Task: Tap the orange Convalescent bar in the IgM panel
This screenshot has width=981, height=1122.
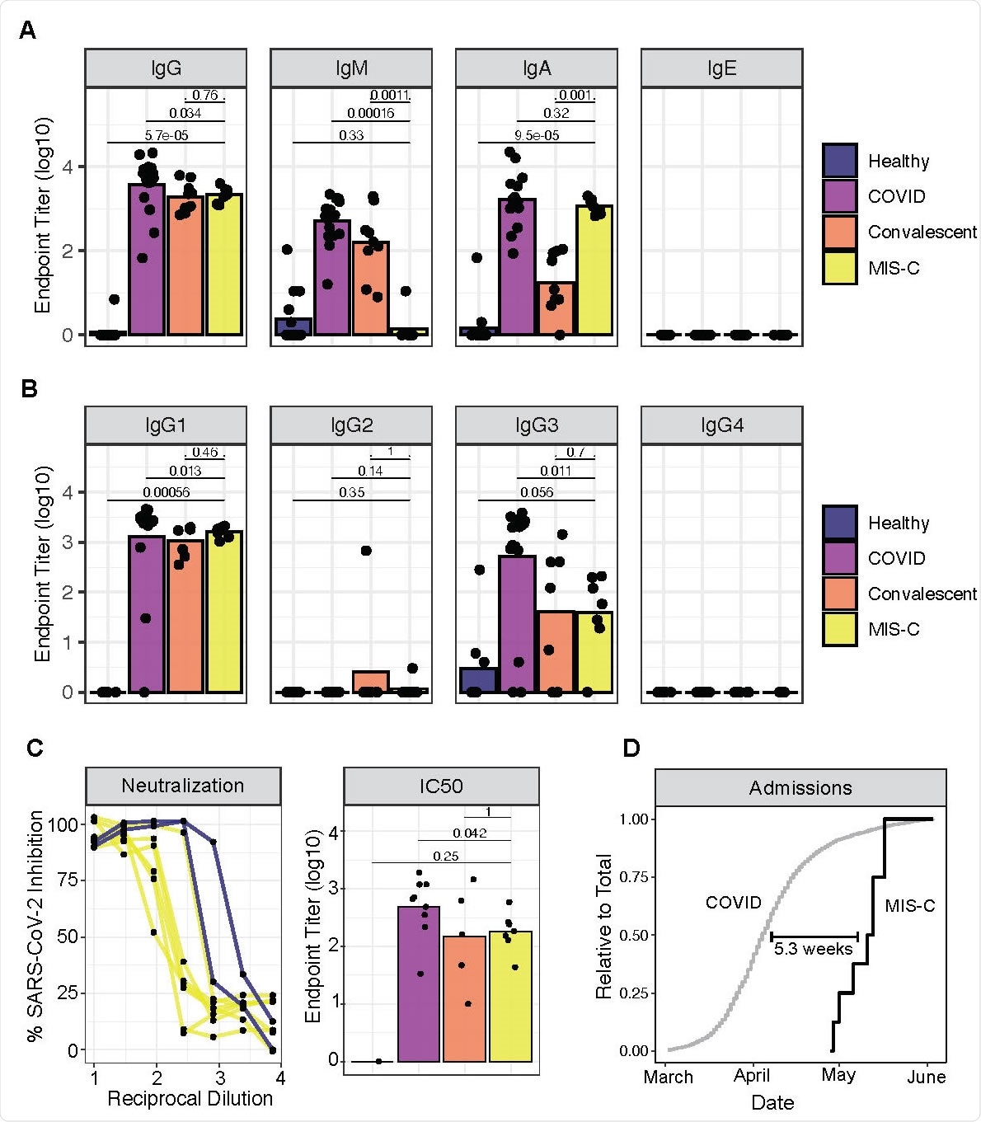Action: coord(371,289)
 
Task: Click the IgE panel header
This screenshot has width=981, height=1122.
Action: coord(721,68)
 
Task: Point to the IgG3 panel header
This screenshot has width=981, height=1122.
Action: coord(537,425)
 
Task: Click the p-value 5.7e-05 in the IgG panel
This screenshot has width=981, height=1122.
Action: coord(167,135)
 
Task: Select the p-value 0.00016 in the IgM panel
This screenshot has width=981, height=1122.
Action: coord(370,113)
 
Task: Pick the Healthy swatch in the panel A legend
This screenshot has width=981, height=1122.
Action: coord(839,161)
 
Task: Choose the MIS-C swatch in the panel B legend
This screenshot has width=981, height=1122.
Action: coord(839,629)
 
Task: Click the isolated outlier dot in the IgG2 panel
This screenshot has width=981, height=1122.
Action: coord(366,551)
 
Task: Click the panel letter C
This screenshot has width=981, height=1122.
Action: coord(34,748)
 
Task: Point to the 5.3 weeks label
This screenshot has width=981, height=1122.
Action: coord(813,949)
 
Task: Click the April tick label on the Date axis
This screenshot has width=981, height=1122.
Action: coord(752,1076)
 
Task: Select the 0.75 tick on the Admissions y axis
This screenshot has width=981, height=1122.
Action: coord(634,877)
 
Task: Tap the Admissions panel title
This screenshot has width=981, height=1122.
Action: coord(800,788)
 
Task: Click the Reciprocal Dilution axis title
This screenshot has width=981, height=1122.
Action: coord(190,1099)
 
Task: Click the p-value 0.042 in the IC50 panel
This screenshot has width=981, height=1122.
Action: coord(469,833)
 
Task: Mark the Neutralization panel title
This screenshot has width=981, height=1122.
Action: coord(183,786)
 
